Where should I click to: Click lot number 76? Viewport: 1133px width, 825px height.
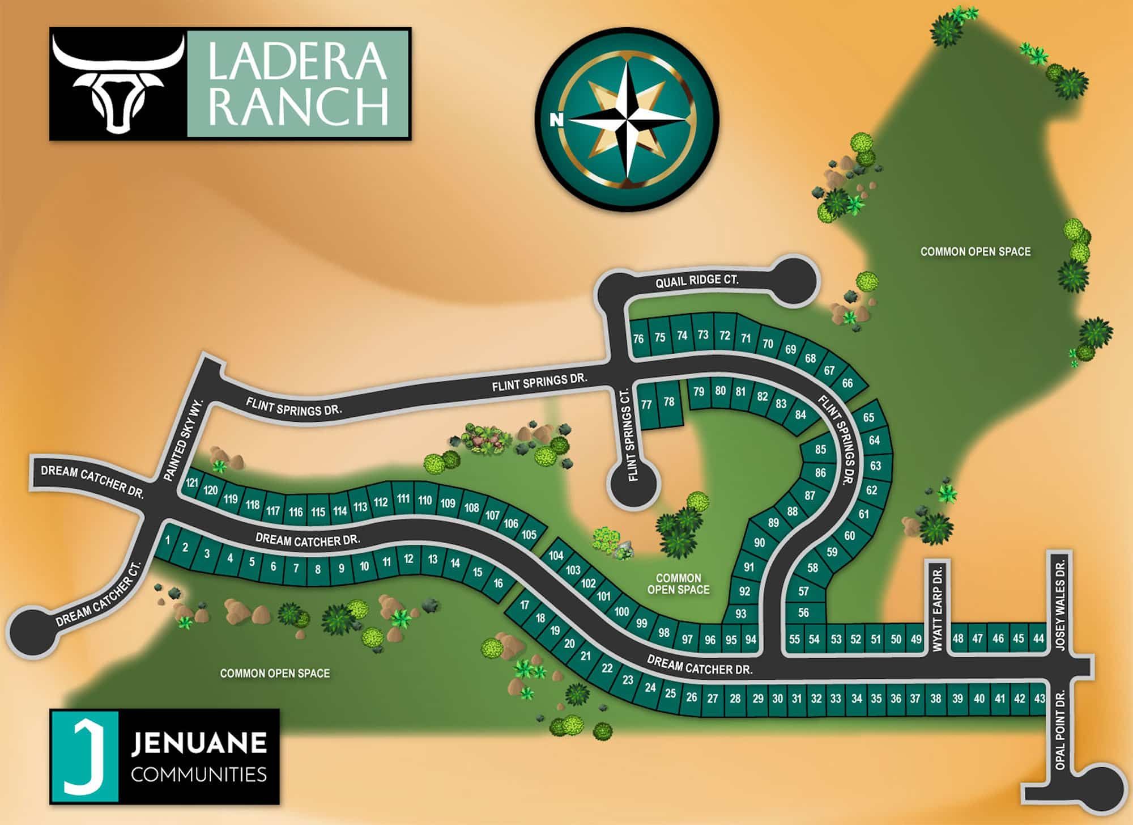click(x=638, y=339)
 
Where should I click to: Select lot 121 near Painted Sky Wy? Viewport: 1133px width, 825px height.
click(x=192, y=483)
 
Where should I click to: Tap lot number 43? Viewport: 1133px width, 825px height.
click(x=1039, y=698)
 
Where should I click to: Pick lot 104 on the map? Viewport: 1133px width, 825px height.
click(x=556, y=555)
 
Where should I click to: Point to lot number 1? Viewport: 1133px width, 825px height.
click(x=168, y=540)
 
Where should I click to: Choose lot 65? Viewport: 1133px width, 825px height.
click(x=868, y=417)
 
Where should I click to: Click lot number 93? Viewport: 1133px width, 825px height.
click(x=741, y=614)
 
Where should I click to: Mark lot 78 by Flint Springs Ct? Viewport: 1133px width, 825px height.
click(x=669, y=401)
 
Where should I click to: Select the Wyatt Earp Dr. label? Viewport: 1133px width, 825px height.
click(x=937, y=608)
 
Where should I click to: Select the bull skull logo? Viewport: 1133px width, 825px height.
click(x=118, y=83)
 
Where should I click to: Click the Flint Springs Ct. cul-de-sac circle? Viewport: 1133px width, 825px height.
click(x=634, y=485)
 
